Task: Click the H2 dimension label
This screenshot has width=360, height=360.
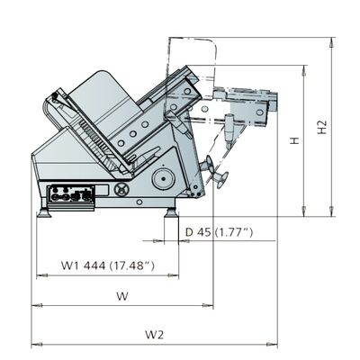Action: [322, 127]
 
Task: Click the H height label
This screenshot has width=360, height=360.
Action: [295, 140]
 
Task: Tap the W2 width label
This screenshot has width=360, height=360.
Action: [155, 334]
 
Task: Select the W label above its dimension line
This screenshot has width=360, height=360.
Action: [122, 296]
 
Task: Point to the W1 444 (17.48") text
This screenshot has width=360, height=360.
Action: [108, 265]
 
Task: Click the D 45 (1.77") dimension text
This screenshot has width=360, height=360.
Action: [219, 232]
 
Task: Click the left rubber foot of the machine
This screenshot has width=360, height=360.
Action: [43, 212]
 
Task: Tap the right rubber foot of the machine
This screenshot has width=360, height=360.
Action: [172, 212]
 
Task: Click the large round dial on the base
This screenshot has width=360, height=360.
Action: [163, 179]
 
